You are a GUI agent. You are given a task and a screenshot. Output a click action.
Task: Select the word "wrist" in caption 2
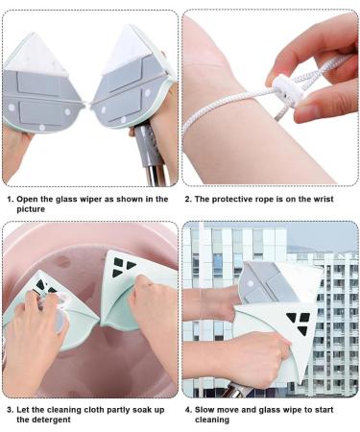pyautogui.click(x=322, y=199)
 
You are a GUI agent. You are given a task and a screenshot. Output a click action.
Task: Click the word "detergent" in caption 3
pyautogui.click(x=43, y=420)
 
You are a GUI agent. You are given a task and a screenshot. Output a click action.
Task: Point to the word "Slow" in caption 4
pyautogui.click(x=204, y=410)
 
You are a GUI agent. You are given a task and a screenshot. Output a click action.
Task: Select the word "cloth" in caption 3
pyautogui.click(x=94, y=410)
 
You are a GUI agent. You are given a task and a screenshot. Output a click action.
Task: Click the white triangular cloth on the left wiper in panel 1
pyautogui.click(x=36, y=55)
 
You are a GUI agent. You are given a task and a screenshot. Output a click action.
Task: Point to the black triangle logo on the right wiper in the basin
pyautogui.click(x=124, y=267)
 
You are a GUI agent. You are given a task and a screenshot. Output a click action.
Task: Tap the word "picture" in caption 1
pyautogui.click(x=31, y=209)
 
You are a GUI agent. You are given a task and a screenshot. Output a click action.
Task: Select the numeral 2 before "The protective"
pyautogui.click(x=188, y=199)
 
